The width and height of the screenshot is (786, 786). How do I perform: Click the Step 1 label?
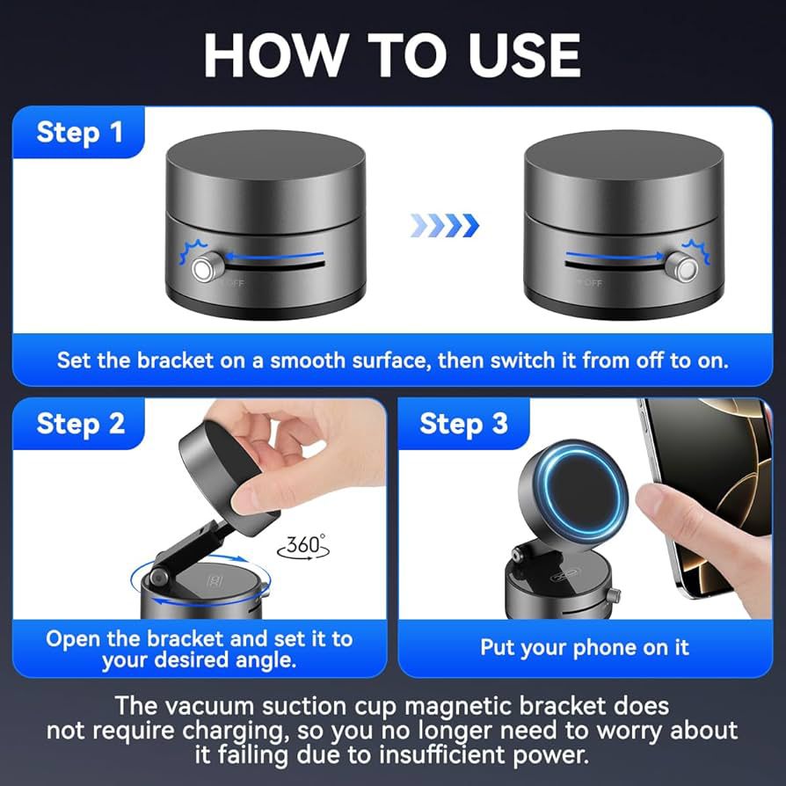click(79, 133)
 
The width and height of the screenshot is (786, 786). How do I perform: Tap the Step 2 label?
click(80, 424)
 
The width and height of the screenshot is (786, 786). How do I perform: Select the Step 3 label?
click(463, 424)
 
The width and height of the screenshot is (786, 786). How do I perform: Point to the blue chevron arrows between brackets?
click(445, 225)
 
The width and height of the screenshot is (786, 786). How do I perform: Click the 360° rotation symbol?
click(302, 545)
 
